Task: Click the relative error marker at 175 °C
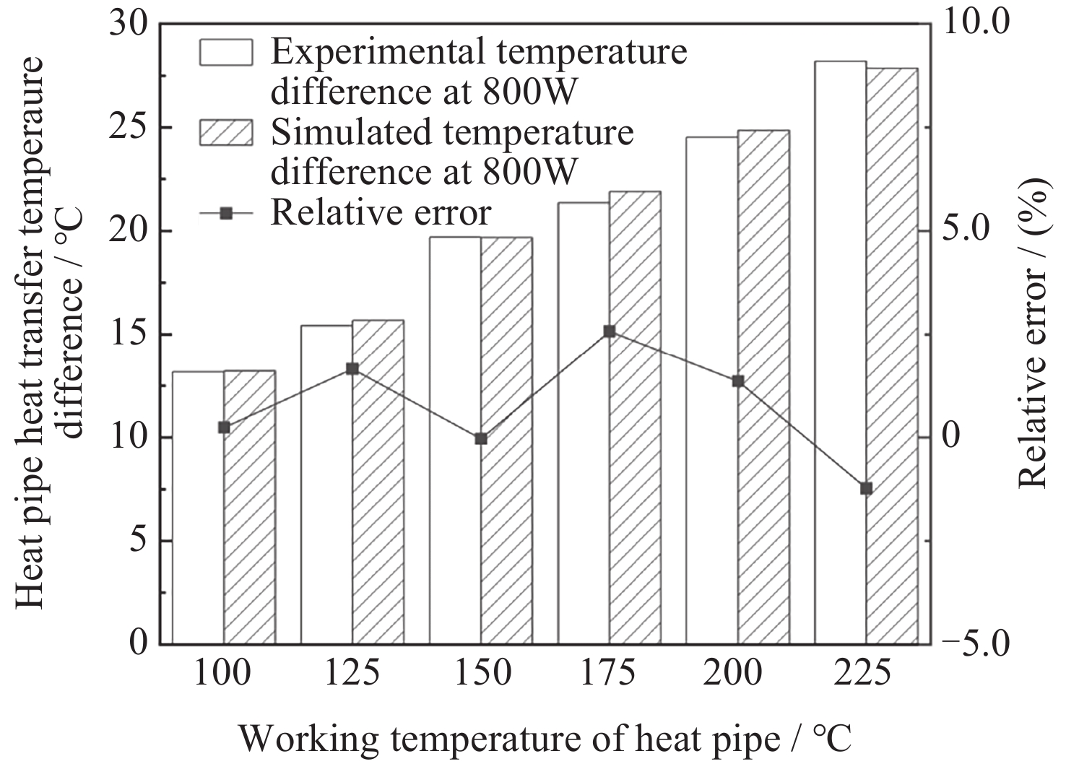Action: [x=610, y=331]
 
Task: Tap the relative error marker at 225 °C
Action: [x=867, y=489]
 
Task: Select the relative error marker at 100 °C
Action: [x=224, y=427]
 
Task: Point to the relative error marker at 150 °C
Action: [x=481, y=438]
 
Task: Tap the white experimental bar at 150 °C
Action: [x=455, y=440]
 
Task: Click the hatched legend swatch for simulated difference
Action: [x=226, y=132]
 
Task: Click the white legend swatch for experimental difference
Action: [x=226, y=52]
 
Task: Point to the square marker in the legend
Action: [x=226, y=214]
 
